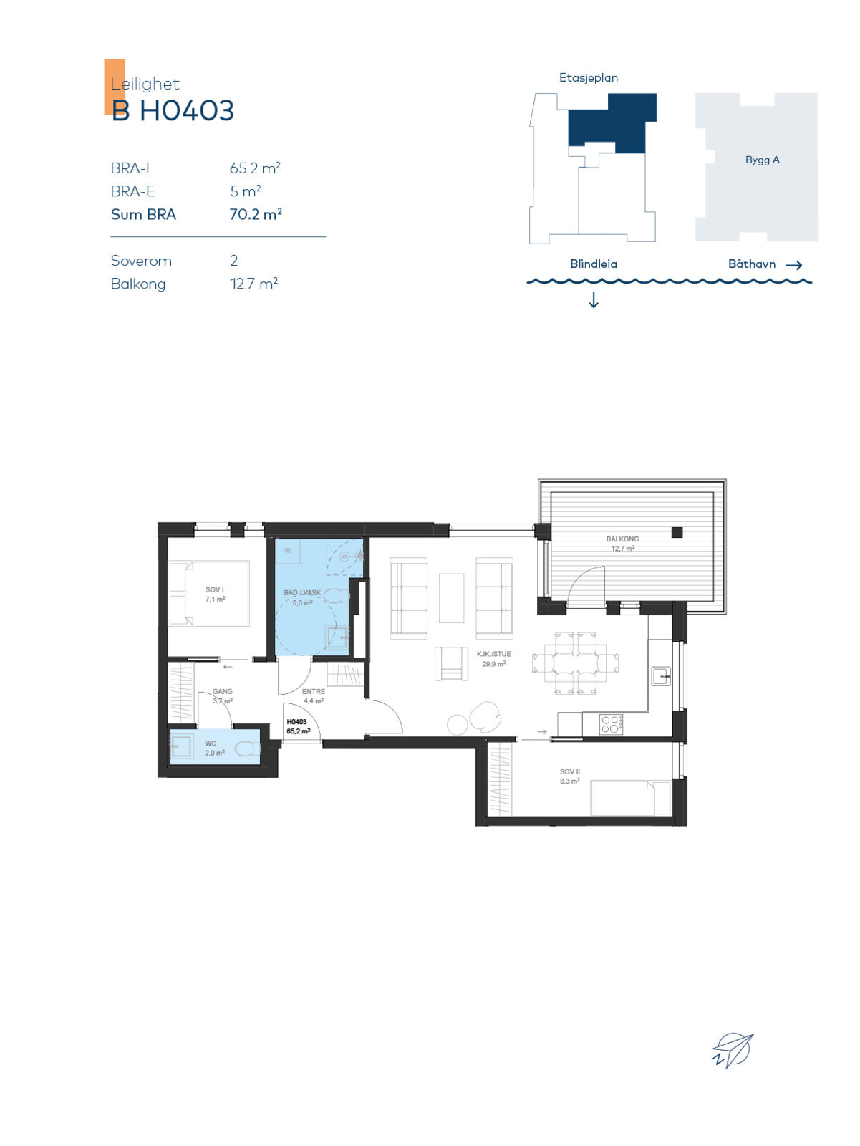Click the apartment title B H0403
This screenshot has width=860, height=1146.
pyautogui.click(x=173, y=110)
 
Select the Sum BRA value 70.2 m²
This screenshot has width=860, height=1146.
pyautogui.click(x=256, y=214)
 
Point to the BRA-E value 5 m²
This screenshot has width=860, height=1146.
pyautogui.click(x=246, y=191)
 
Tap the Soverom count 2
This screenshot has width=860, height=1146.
pyautogui.click(x=233, y=261)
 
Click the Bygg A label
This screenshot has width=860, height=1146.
pyautogui.click(x=762, y=160)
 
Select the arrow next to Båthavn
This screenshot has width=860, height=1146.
pyautogui.click(x=793, y=265)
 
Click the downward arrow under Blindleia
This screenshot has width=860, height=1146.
pyautogui.click(x=594, y=300)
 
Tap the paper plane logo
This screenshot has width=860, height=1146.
pyautogui.click(x=732, y=1050)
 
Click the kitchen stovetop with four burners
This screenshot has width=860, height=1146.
pyautogui.click(x=611, y=725)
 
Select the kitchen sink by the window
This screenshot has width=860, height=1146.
pyautogui.click(x=661, y=676)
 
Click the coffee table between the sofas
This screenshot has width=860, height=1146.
pyautogui.click(x=451, y=598)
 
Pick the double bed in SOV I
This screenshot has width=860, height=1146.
pyautogui.click(x=209, y=593)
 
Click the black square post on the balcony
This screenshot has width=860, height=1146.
pyautogui.click(x=677, y=533)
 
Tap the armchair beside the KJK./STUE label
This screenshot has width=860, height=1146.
pyautogui.click(x=451, y=663)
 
